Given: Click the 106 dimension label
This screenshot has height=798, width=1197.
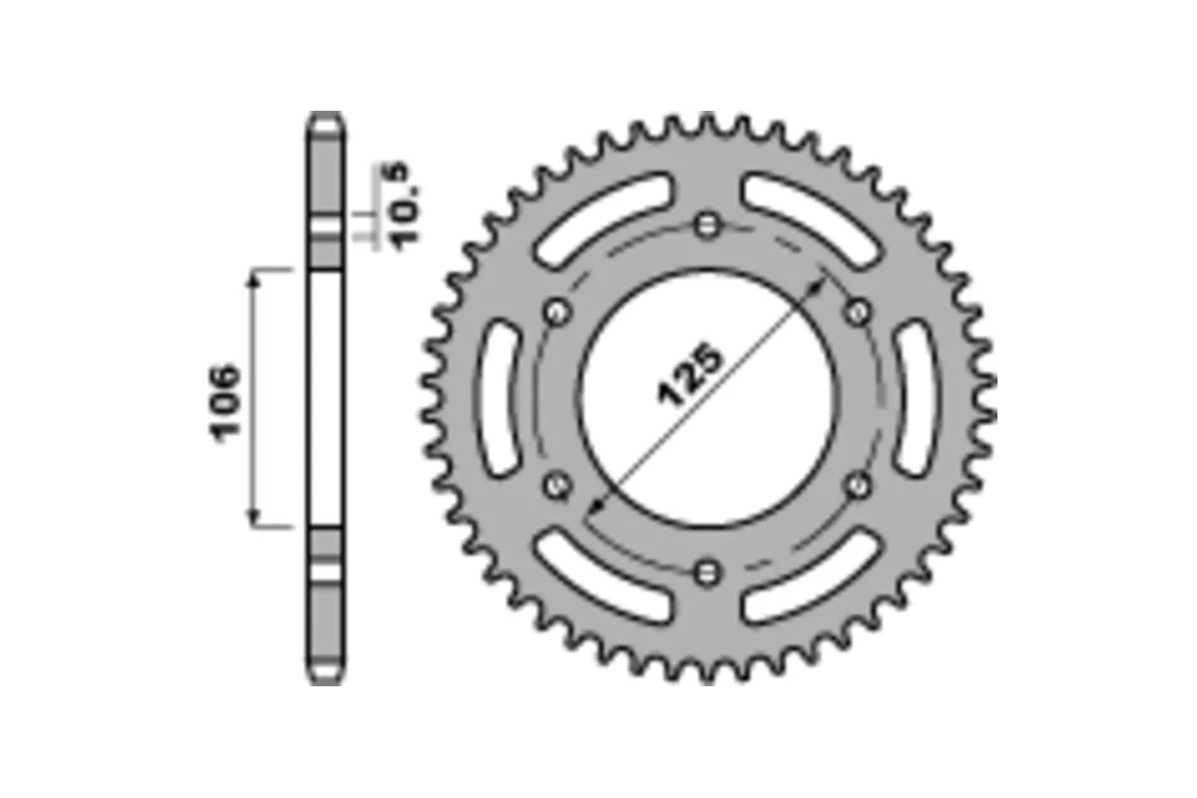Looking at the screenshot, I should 224,401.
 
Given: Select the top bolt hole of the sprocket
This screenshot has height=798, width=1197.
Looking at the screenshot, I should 708,224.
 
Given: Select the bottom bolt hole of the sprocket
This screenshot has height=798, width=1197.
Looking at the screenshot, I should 708,572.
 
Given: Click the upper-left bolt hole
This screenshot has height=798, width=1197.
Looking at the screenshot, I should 557,312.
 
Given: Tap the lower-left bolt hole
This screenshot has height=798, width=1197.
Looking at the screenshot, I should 557,486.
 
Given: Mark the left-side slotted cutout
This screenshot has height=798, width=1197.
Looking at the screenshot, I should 501,399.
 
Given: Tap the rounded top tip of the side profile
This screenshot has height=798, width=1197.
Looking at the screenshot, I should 326,111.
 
